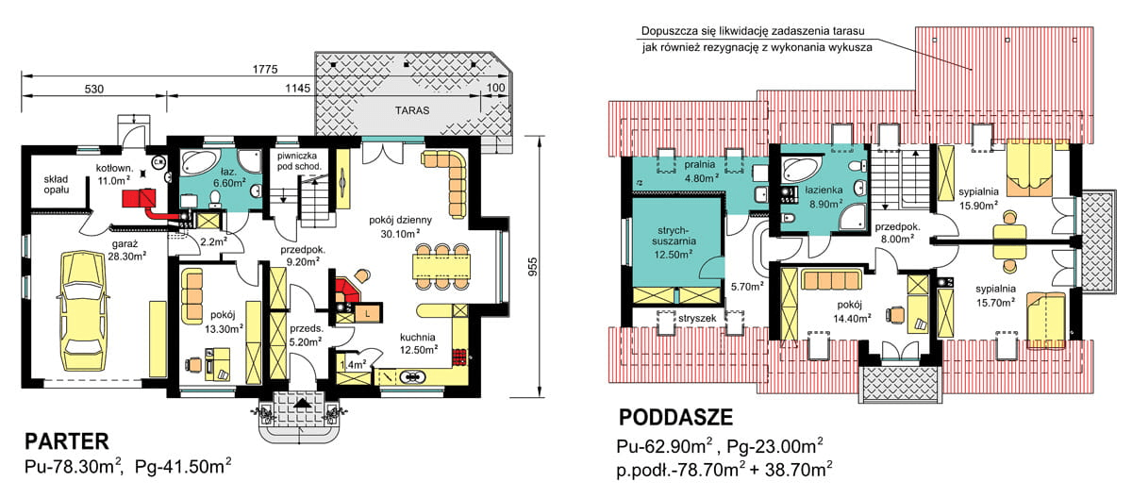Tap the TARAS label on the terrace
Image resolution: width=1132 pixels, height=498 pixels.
tap(411, 110)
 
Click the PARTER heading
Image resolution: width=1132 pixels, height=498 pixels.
tap(67, 440)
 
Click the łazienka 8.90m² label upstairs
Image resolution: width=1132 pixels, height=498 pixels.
tap(824, 195)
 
